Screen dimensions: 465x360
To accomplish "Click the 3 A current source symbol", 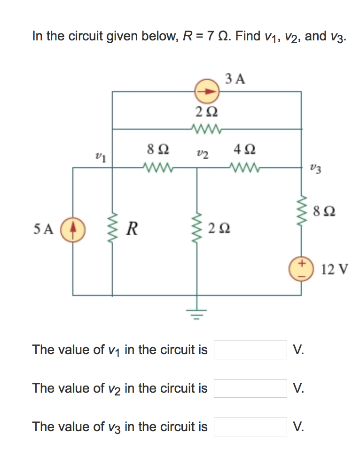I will pos(207,92).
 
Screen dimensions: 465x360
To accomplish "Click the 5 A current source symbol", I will pos(73,230).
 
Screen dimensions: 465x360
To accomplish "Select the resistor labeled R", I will pos(112,230).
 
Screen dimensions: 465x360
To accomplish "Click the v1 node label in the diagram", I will pos(100,157).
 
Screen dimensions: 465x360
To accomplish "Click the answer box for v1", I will pos(250,350).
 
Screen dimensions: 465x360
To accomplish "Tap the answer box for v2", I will pos(250,388).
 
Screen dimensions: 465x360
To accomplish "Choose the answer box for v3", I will pos(250,427).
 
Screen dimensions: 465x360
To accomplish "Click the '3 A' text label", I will pos(235,78).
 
